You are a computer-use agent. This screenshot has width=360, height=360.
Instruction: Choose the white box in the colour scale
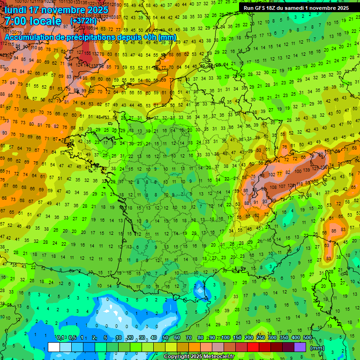[54, 347]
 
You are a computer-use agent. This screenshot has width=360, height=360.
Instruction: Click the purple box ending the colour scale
[300, 347]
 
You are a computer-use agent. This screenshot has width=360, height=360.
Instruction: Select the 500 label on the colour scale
[307, 338]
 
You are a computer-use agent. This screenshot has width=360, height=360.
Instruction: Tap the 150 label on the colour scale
[237, 338]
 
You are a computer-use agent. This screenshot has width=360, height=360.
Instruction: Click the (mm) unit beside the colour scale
[318, 348]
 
